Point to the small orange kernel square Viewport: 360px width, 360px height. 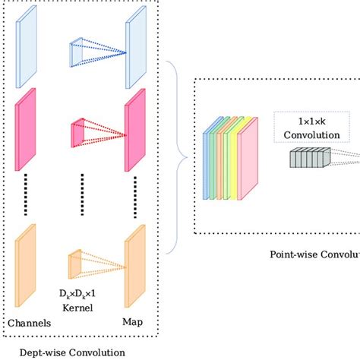(75, 263)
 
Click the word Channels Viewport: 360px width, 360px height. (30, 324)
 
